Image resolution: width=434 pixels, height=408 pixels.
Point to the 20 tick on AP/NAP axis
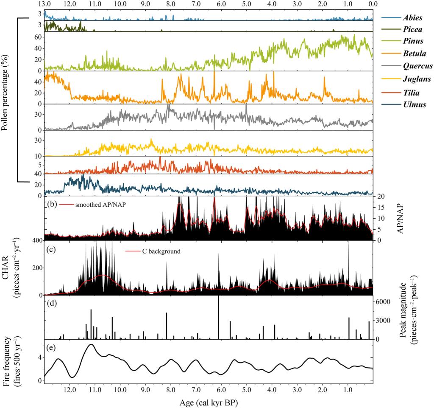(x=381, y=196)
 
